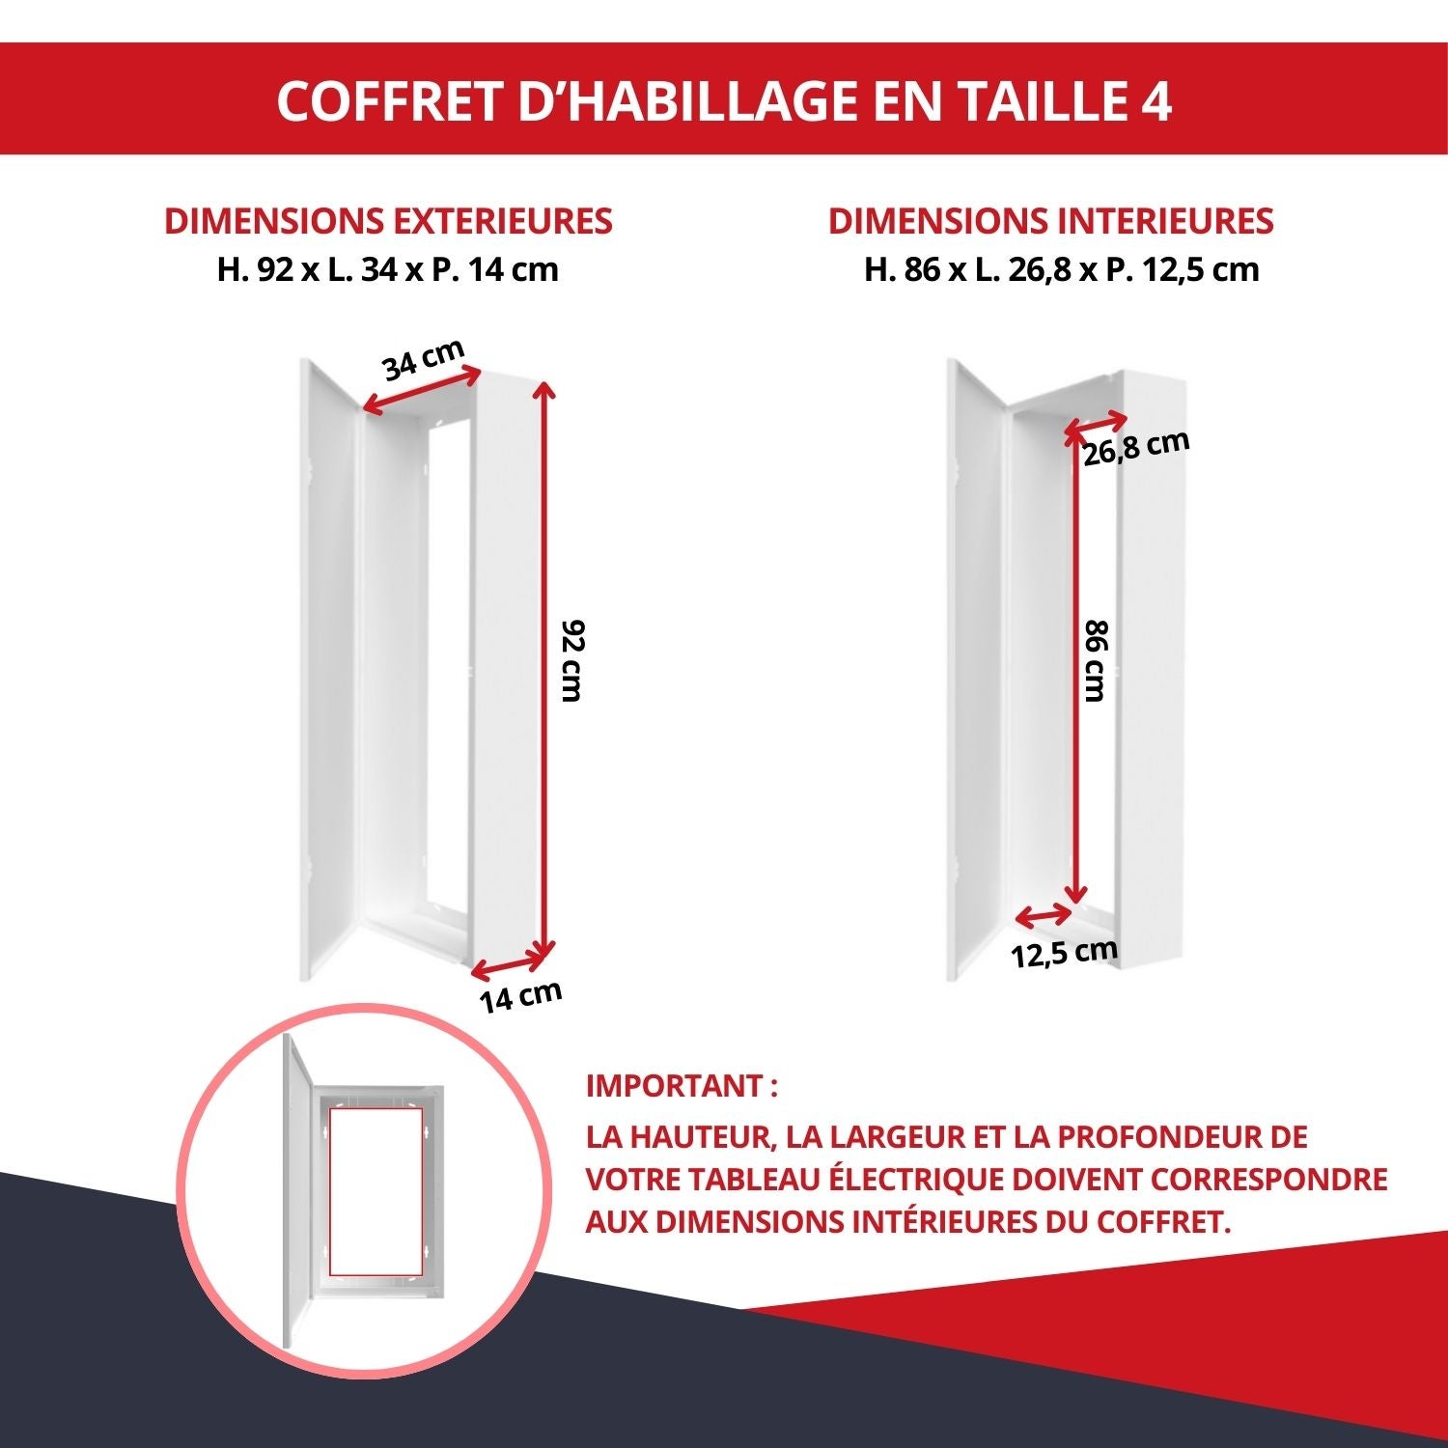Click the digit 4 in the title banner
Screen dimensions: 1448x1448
point(1155,100)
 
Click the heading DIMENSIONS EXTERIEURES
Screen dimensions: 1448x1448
point(388,221)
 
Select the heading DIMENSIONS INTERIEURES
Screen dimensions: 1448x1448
point(1050,221)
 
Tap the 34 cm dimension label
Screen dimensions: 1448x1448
point(424,360)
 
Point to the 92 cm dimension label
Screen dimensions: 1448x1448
point(572,661)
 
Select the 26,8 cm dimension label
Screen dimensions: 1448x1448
point(1135,448)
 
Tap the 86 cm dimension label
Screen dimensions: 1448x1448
point(1096,661)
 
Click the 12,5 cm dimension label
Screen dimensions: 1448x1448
point(1064,954)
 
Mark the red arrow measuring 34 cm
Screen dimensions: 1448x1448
point(421,391)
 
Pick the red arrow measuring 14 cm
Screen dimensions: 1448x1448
point(510,962)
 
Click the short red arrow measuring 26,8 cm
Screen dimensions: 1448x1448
point(1096,427)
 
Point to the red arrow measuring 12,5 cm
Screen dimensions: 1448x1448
point(1044,914)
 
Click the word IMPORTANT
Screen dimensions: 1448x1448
point(676,1086)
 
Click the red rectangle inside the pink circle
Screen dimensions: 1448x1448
point(376,1189)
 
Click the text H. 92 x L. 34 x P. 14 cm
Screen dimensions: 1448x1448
point(388,269)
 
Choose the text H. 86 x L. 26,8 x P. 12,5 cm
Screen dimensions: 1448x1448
point(1061,269)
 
